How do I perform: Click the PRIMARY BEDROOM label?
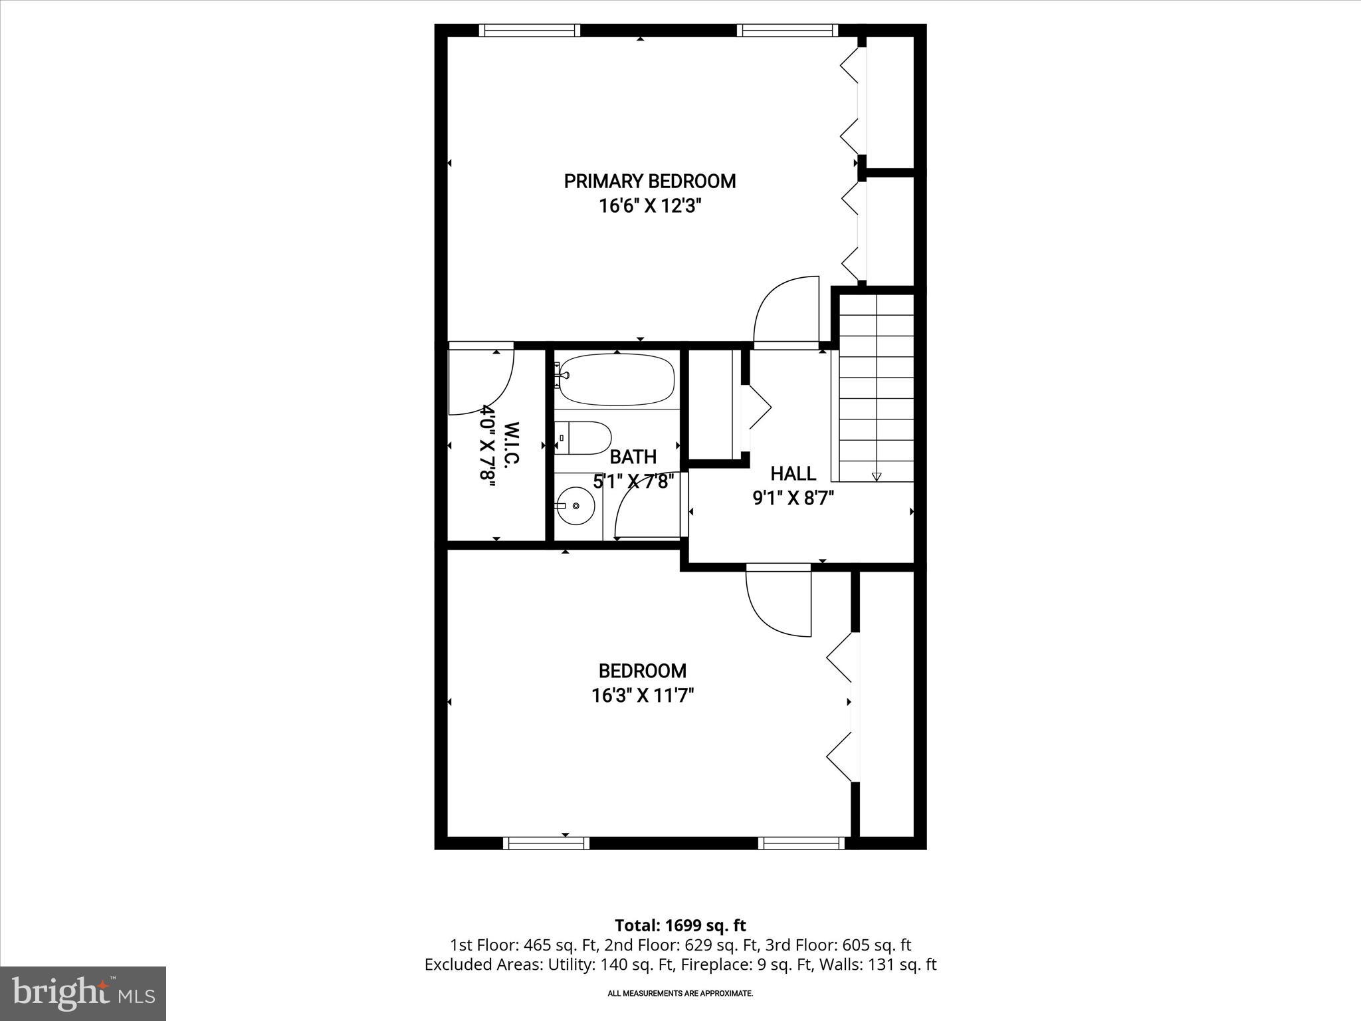tap(649, 181)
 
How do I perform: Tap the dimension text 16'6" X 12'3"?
tap(650, 206)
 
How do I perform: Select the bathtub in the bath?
tap(615, 380)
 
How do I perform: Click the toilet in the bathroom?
tap(585, 438)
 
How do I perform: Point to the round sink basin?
tap(576, 506)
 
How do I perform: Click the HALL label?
tap(793, 474)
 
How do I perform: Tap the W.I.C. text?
tap(511, 444)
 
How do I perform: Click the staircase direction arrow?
tap(876, 476)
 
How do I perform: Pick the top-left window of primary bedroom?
tap(529, 30)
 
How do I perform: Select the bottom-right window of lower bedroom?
tap(801, 843)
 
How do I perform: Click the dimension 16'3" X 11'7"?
tap(642, 696)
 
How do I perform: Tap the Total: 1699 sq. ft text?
tap(680, 925)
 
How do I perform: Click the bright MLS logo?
tap(83, 993)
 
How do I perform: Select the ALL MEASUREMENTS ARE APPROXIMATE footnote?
tap(680, 993)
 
